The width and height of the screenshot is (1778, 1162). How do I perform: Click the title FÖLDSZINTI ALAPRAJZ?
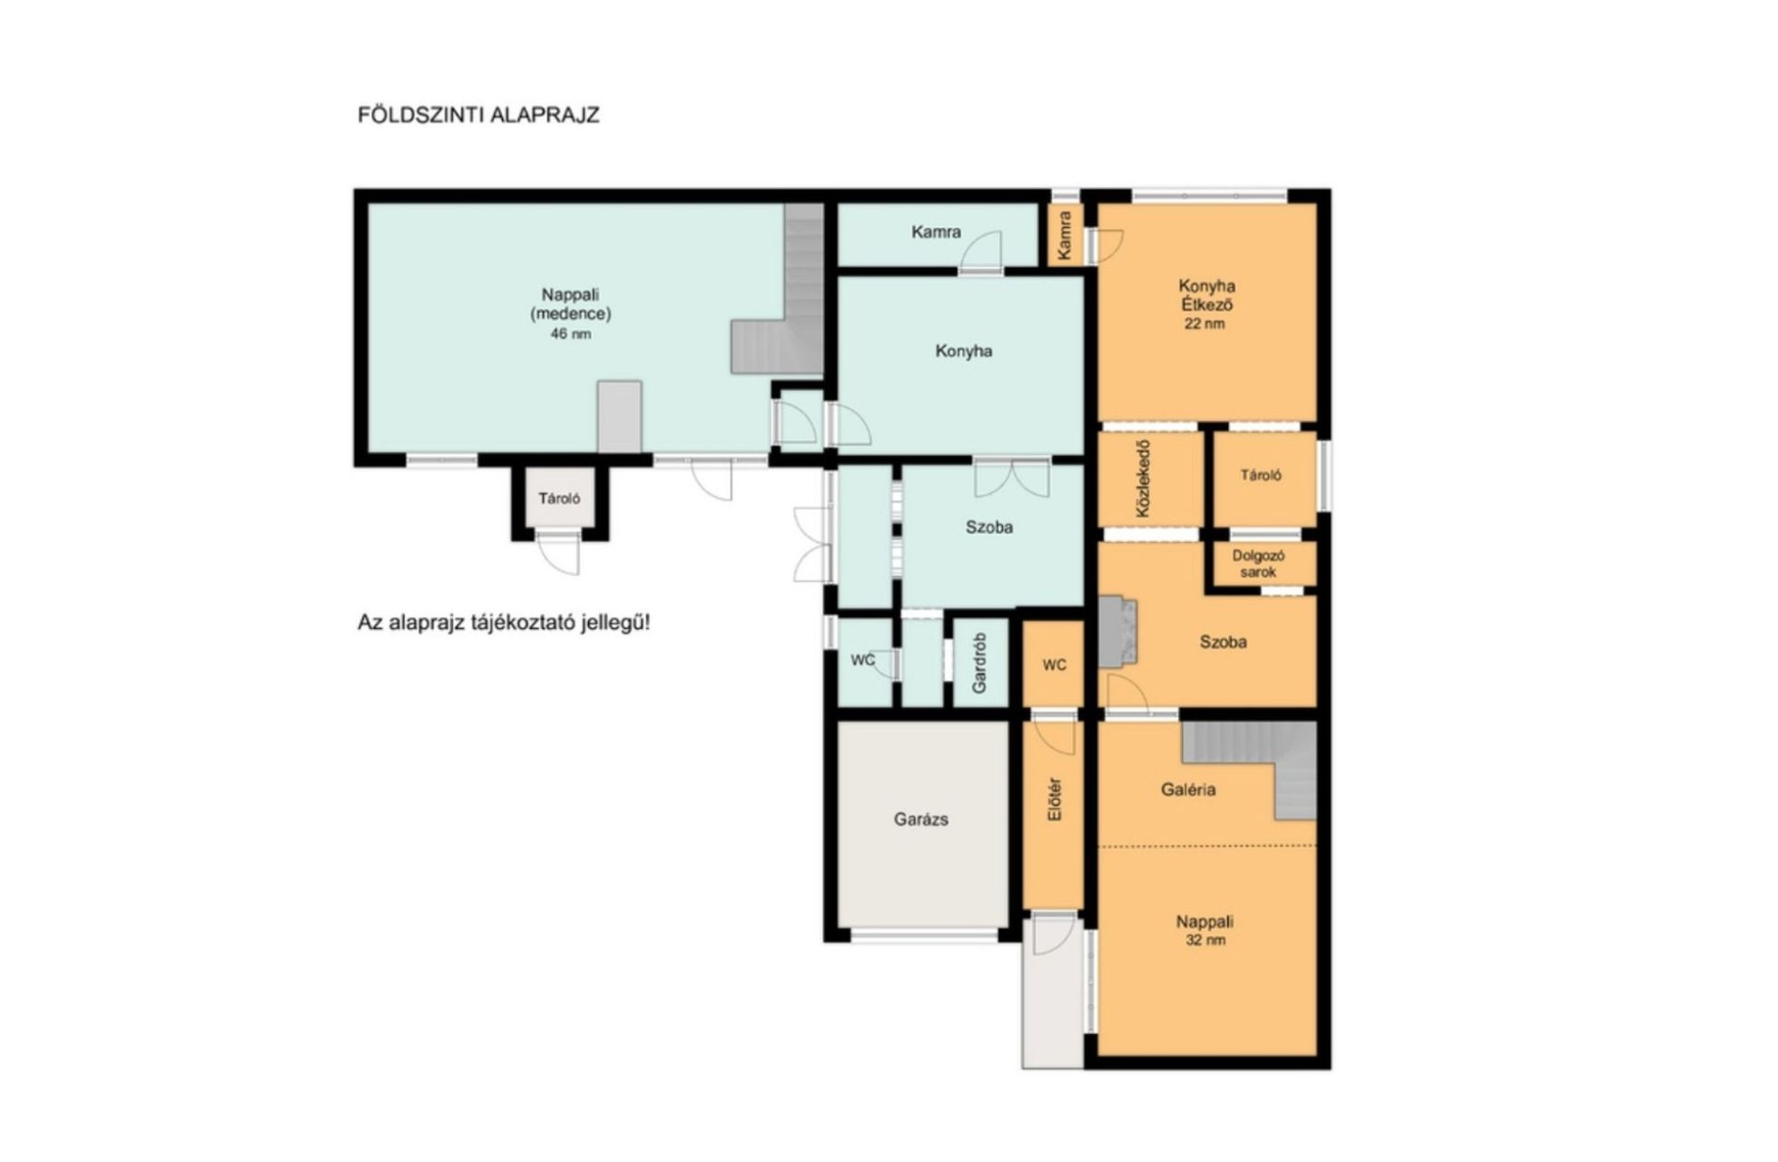click(x=478, y=115)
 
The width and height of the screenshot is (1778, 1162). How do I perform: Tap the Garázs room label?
click(x=920, y=819)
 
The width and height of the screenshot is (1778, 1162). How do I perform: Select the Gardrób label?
click(x=979, y=663)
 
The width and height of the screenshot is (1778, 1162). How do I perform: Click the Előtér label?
click(x=1054, y=800)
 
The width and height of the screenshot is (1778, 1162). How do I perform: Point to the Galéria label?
click(x=1188, y=790)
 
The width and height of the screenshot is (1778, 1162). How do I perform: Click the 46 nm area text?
click(x=570, y=334)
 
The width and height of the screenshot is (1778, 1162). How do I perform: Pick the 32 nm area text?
click(x=1205, y=940)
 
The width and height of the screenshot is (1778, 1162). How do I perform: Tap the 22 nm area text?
click(x=1204, y=323)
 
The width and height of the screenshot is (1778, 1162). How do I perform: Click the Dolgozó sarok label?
click(x=1258, y=564)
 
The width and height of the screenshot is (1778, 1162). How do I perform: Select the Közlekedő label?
click(x=1143, y=479)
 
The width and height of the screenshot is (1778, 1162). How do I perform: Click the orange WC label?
click(x=1054, y=665)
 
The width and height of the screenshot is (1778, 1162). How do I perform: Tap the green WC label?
click(x=862, y=660)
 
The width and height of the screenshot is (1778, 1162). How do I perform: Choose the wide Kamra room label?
click(x=936, y=231)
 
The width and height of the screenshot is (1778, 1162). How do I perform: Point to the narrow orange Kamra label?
click(x=1065, y=234)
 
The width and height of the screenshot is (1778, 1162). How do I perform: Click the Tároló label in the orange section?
click(x=1261, y=475)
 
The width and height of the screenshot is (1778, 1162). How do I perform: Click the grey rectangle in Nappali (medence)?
click(x=620, y=417)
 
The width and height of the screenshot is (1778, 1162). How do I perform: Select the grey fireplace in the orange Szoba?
click(x=1117, y=632)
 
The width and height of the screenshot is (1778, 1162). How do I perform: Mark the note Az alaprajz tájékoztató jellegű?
click(x=504, y=624)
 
